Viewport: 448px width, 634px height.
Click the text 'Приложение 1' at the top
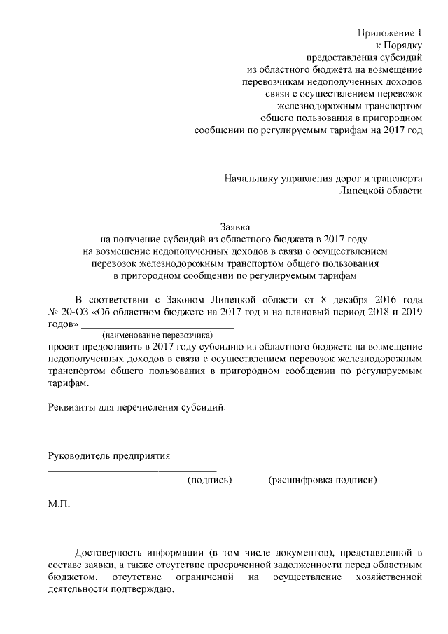[391, 32]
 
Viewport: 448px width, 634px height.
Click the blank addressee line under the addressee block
[327, 207]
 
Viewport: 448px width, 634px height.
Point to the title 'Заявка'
[235, 227]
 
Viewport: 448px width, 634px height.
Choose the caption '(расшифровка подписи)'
[322, 481]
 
